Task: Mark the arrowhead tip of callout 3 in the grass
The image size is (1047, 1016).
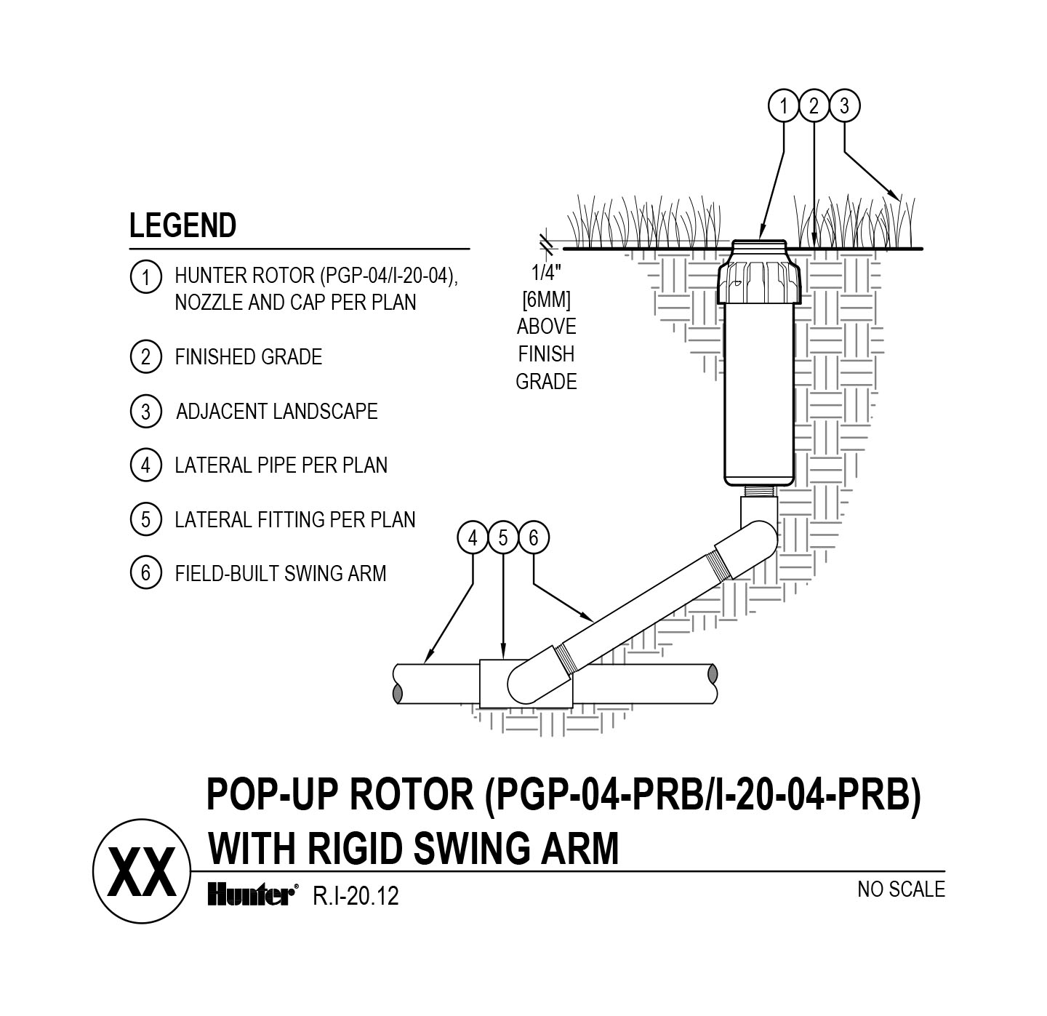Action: pyautogui.click(x=900, y=200)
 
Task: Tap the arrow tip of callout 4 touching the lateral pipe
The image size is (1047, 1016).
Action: pyautogui.click(x=425, y=663)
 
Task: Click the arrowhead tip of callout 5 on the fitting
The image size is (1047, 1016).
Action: pyautogui.click(x=503, y=659)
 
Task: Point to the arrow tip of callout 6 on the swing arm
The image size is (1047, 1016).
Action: pyautogui.click(x=595, y=622)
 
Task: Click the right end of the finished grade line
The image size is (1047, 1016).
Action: pyautogui.click(x=922, y=249)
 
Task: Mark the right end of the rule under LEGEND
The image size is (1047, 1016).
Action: pyautogui.click(x=470, y=249)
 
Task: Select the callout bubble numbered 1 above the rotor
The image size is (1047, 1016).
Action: pyautogui.click(x=784, y=106)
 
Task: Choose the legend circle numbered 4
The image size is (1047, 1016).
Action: pyautogui.click(x=146, y=465)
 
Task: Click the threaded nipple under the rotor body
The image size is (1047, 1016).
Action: pyautogui.click(x=758, y=491)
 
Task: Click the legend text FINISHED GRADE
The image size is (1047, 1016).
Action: pyautogui.click(x=249, y=357)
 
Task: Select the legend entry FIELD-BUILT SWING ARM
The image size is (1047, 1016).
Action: pyautogui.click(x=281, y=574)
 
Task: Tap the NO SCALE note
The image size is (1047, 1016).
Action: pyautogui.click(x=901, y=889)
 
